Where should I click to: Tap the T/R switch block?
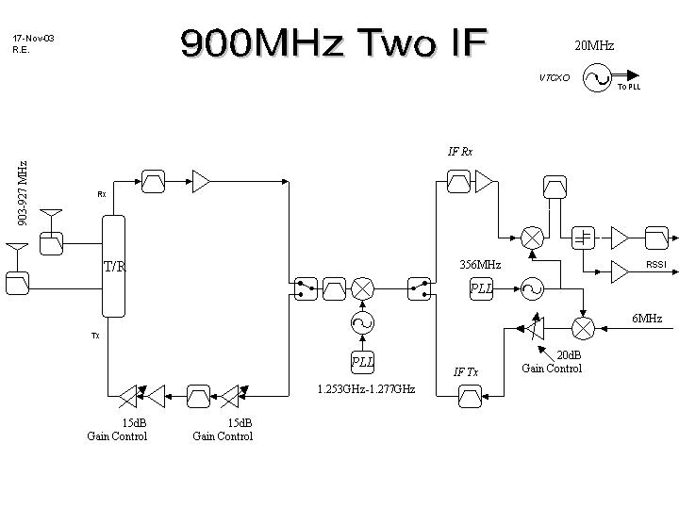[113, 266]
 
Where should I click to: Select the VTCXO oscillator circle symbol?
[598, 77]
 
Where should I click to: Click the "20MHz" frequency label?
[594, 45]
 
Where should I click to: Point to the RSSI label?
[655, 265]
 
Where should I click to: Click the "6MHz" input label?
[646, 319]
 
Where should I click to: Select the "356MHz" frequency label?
[479, 265]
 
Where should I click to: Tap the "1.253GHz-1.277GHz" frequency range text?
[366, 388]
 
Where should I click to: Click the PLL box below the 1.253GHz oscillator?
[362, 361]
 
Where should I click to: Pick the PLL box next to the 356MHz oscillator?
[482, 288]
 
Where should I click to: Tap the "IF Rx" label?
[460, 151]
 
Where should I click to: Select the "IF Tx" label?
[466, 371]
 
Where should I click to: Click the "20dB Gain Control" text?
[553, 361]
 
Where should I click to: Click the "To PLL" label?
[629, 88]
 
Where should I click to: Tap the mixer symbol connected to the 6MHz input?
[584, 327]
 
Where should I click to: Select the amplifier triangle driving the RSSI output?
[620, 271]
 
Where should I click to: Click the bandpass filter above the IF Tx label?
[469, 398]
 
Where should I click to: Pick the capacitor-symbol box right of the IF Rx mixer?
[584, 237]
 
